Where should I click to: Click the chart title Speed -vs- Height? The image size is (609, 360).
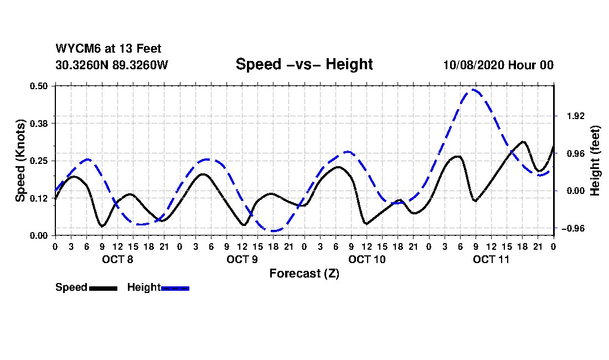304,64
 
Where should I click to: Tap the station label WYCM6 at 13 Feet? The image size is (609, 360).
109,49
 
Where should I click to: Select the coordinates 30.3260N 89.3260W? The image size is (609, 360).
112,65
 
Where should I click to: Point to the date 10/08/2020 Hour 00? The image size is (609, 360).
498,65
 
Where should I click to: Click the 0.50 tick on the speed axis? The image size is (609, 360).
40,86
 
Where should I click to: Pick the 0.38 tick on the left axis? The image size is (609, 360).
40,123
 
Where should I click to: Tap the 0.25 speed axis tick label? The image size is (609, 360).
40,161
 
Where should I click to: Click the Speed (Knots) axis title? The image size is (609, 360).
20,161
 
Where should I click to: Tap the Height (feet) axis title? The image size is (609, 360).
596,161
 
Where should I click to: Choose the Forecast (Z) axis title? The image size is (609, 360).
304,274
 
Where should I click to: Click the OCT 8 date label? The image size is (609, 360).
117,259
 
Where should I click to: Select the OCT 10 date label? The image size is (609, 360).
367,259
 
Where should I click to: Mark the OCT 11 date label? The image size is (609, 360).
491,259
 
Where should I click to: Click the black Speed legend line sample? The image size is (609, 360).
103,288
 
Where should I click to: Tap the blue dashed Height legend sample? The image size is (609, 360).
176,288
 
